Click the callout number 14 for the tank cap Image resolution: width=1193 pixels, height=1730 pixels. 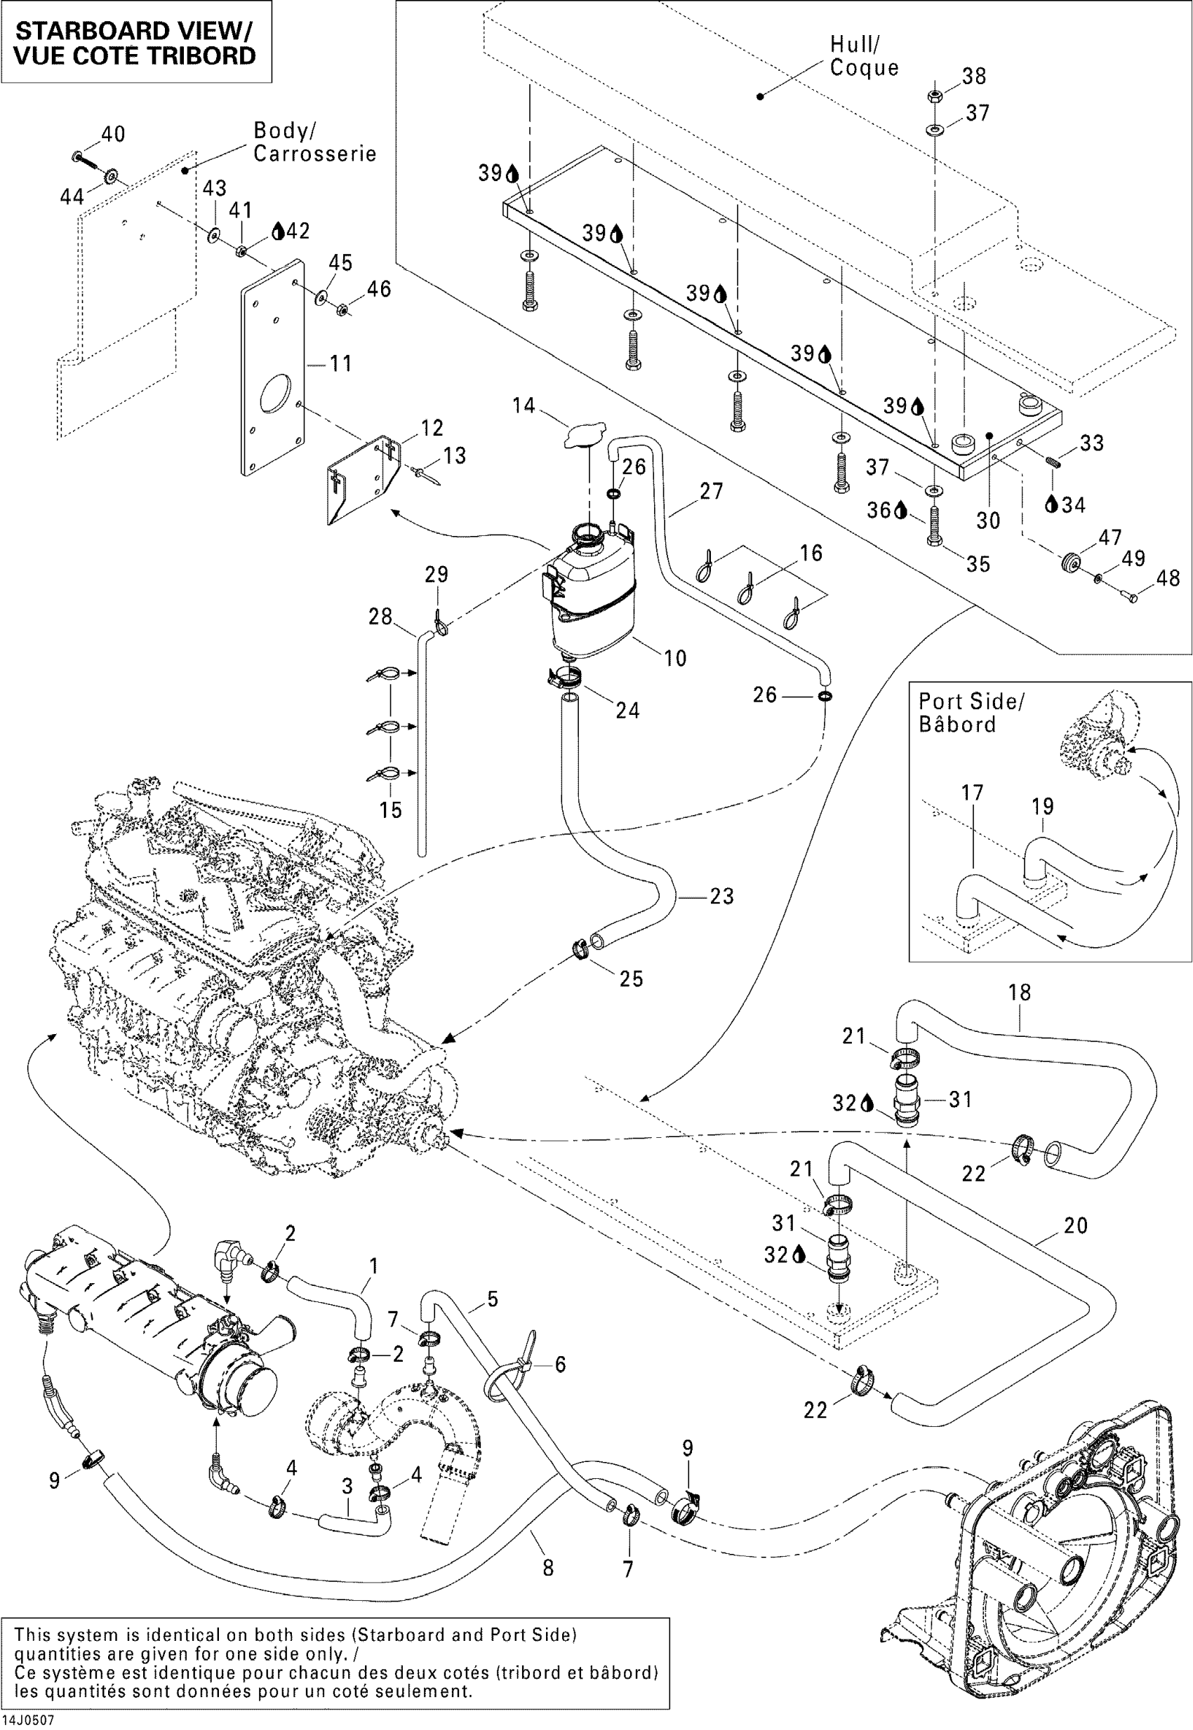pos(524,405)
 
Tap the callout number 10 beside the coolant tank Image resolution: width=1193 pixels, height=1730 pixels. pos(675,657)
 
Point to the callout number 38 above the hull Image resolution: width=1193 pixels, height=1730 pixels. pos(974,76)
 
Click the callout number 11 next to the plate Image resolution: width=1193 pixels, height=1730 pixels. pos(341,364)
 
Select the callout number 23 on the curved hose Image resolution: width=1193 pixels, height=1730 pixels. pos(721,896)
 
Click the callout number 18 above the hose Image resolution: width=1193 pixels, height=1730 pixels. pos(1020,993)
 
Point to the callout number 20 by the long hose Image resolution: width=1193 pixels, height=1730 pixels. pos(1076,1226)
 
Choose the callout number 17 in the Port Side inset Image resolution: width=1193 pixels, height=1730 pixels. pos(972,793)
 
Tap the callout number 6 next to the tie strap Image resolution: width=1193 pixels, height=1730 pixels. pos(560,1364)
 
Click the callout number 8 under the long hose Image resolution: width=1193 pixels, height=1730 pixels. pos(548,1568)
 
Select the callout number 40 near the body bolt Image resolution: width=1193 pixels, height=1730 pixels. pos(113,135)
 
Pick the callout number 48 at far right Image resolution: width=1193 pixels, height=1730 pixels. pos(1168,577)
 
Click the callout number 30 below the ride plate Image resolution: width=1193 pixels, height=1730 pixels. pos(988,521)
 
